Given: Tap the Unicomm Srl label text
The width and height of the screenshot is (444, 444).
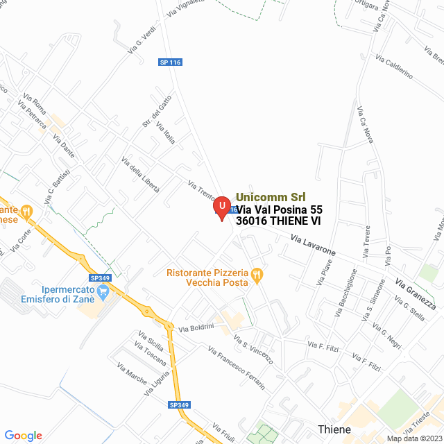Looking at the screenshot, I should tap(271, 196).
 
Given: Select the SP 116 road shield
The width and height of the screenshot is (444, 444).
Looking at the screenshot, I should tap(170, 62).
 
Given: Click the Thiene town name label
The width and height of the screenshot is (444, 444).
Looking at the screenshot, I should tap(334, 429).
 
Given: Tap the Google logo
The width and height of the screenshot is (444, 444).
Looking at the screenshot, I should tap(23, 435).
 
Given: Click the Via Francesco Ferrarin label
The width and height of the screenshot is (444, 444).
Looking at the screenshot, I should tap(236, 368).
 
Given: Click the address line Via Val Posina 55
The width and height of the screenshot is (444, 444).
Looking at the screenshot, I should tap(280, 209).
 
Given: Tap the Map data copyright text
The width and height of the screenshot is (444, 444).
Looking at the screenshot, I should tap(413, 438).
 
